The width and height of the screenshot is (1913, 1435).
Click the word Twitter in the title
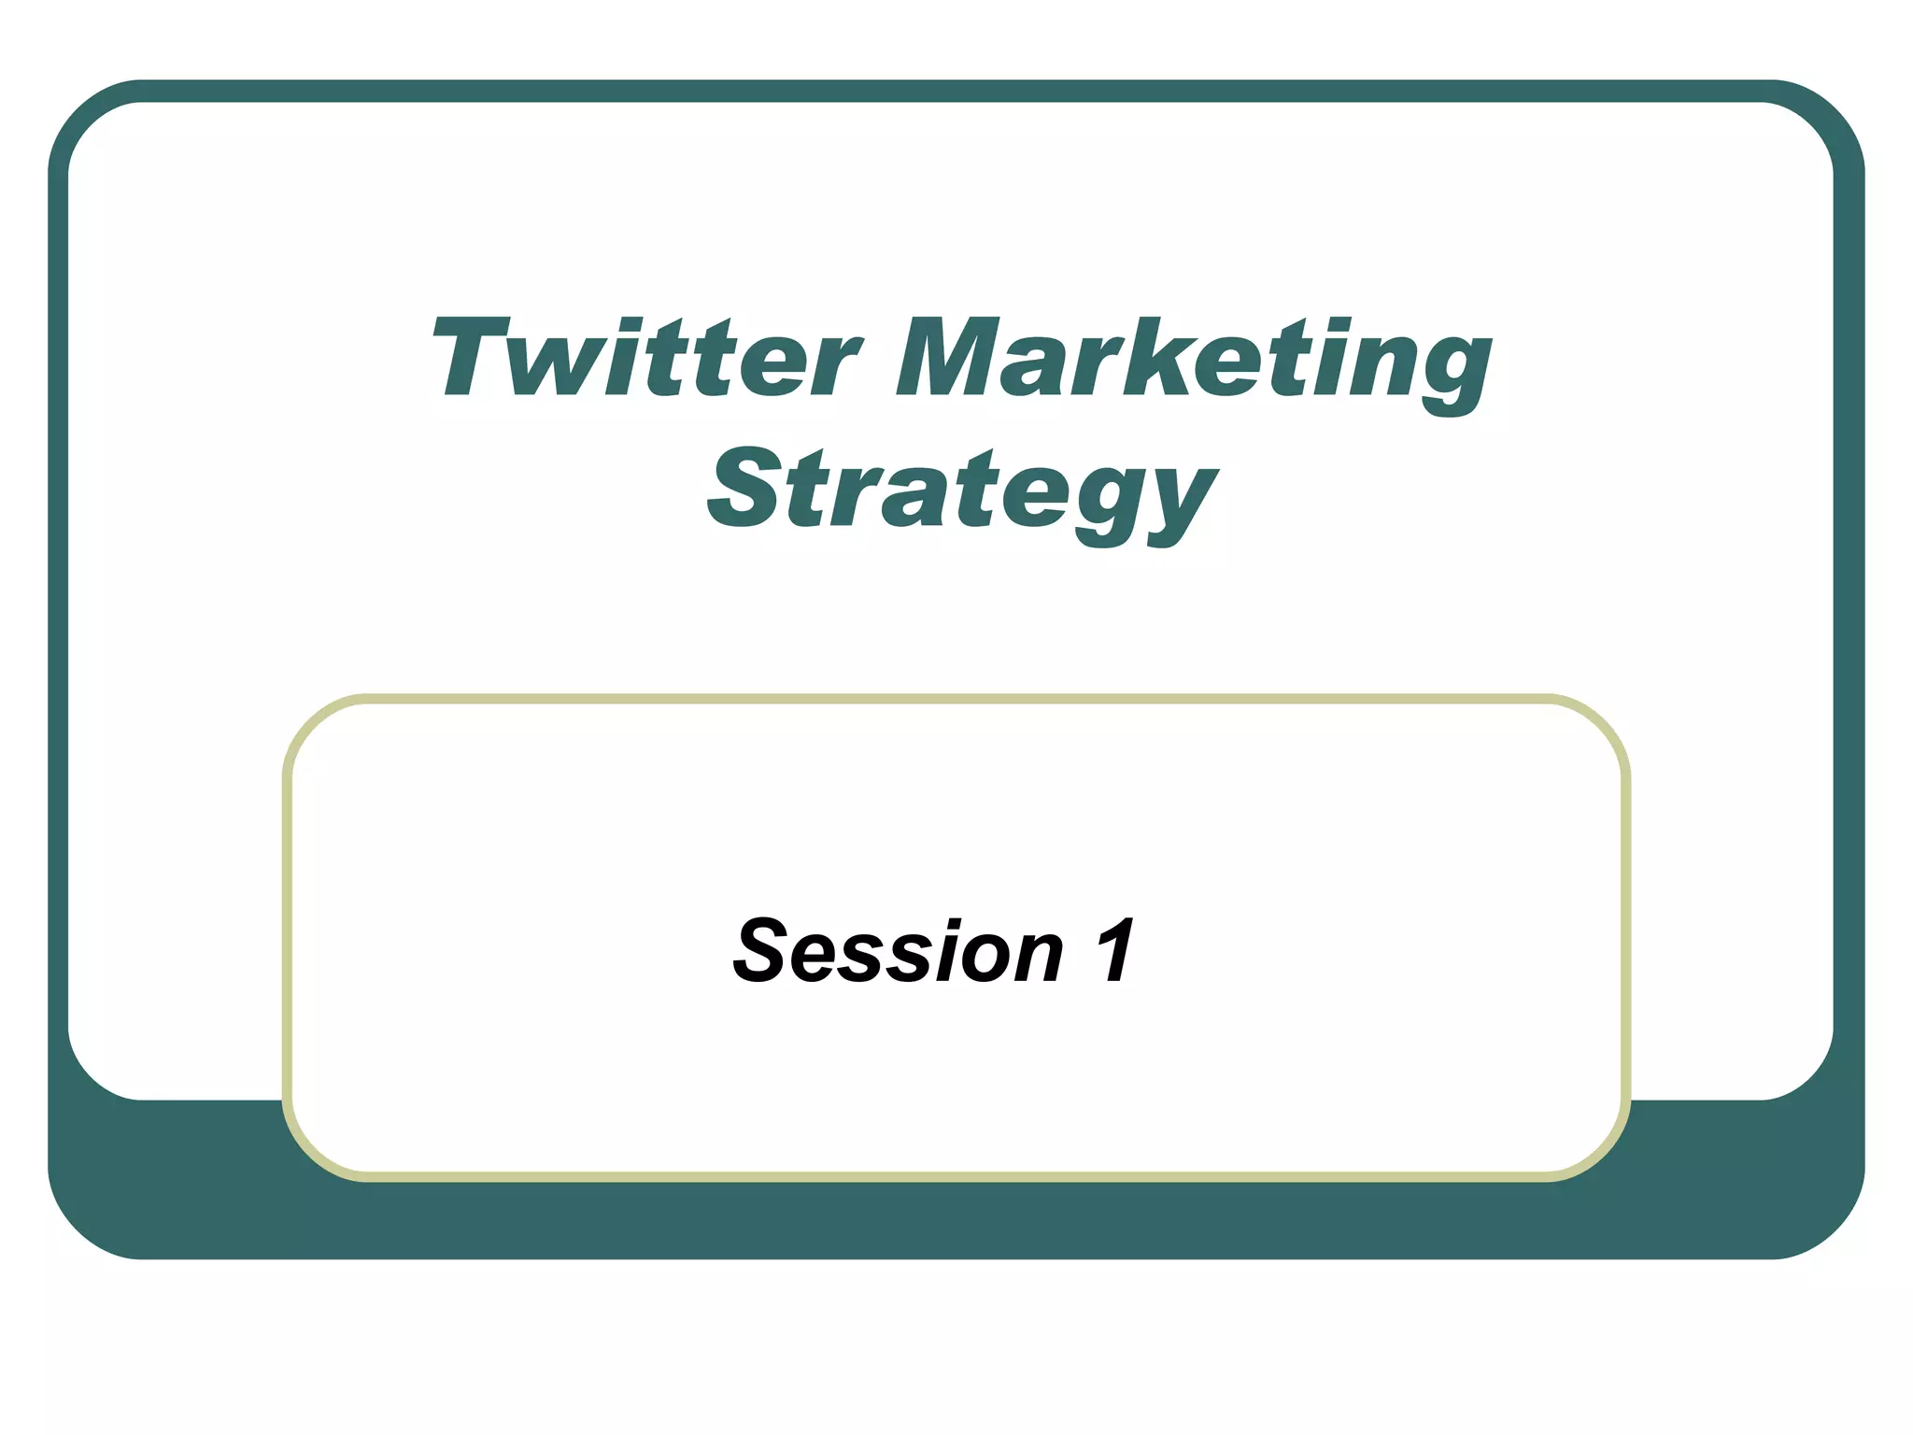pyautogui.click(x=645, y=359)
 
